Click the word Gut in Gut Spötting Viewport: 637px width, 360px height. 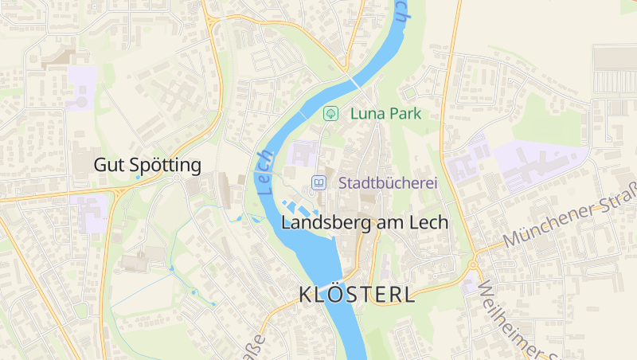point(110,166)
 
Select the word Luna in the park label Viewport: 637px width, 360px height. point(367,114)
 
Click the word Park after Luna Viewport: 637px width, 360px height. point(404,114)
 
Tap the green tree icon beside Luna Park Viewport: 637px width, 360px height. point(330,114)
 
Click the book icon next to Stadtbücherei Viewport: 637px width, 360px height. point(318,183)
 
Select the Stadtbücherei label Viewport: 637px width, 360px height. point(389,183)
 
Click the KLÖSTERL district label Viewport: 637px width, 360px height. point(358,295)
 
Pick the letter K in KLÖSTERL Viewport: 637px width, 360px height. point(307,295)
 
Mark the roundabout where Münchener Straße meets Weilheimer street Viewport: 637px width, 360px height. point(473,264)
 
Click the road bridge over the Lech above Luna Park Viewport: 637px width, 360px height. point(353,82)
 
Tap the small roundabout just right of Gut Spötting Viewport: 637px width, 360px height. point(176,178)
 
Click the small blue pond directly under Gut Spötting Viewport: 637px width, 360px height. point(137,178)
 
